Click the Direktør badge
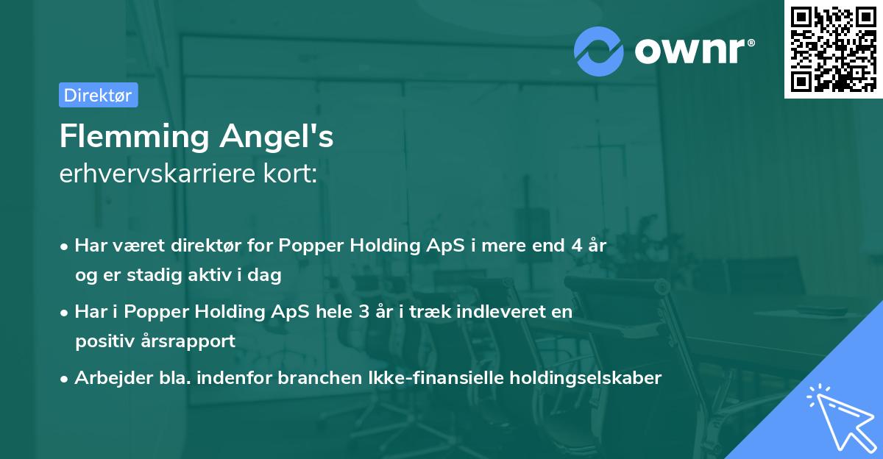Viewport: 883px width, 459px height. (x=98, y=95)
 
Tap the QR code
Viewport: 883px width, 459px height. (x=833, y=49)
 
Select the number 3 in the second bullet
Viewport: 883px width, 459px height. (x=364, y=312)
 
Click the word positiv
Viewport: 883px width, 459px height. (x=104, y=341)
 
